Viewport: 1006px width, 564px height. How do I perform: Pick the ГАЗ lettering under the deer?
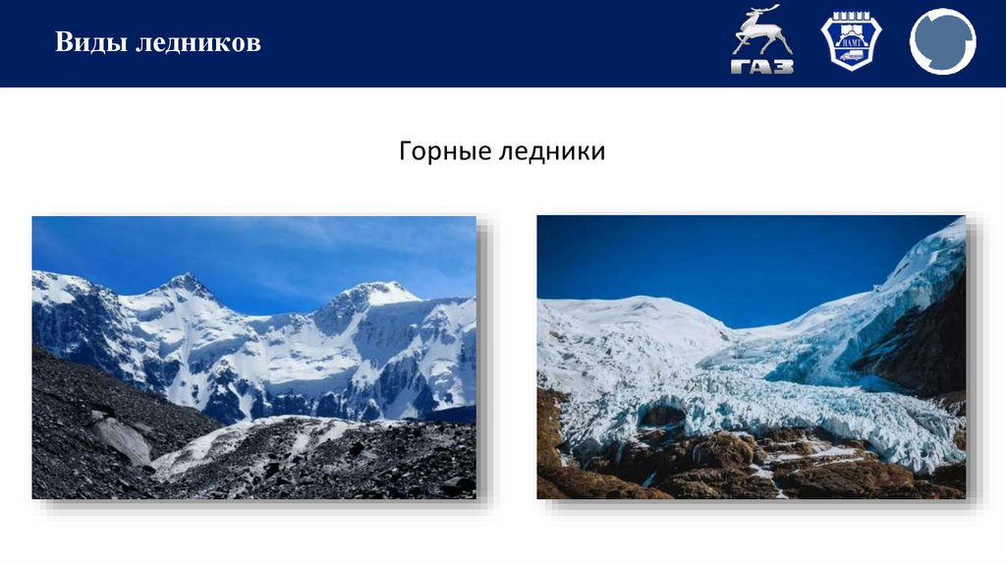coord(762,67)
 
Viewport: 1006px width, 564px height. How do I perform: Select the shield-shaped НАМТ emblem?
coord(851,41)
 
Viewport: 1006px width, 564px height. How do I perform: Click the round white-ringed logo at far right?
coord(942,41)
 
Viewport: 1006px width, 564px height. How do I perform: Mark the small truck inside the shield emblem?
coord(851,55)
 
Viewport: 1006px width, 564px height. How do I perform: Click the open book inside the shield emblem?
coord(851,28)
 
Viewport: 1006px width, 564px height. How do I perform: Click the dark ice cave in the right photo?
coord(660,416)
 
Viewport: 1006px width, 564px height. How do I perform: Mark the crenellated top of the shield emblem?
coord(851,16)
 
